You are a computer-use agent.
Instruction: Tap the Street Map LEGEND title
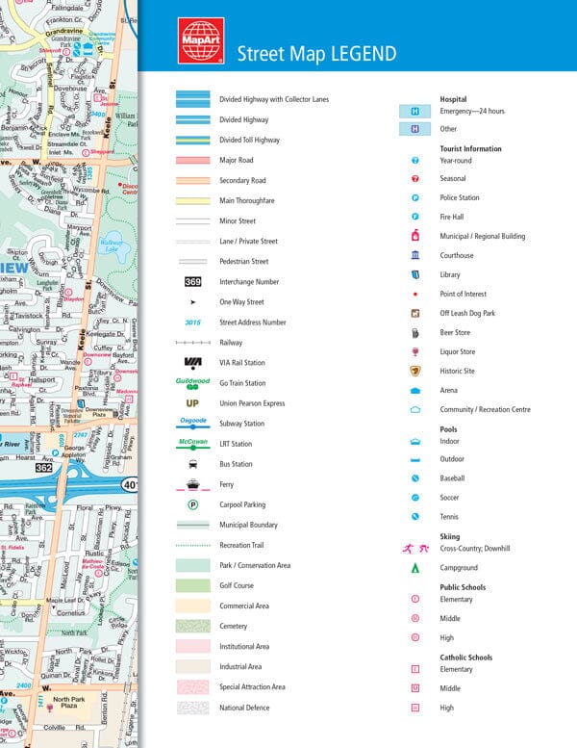pos(316,52)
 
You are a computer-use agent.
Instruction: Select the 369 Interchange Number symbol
pos(192,282)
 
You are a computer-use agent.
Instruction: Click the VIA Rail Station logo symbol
pos(192,362)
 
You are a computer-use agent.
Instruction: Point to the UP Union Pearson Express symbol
pos(192,403)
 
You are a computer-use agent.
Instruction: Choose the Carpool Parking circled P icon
pos(192,504)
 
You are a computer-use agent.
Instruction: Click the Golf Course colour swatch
pos(192,585)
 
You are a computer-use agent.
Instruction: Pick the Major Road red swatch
pos(192,160)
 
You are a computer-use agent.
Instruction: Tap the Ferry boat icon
pos(192,484)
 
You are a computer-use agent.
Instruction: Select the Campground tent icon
pos(415,568)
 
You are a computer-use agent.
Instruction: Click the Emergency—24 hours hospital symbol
pos(415,112)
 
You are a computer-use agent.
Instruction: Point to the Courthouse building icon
pos(415,255)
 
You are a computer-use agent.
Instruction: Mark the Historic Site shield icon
pos(415,371)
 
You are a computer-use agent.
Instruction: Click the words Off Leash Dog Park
pos(467,313)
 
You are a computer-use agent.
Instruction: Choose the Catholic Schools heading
pos(465,658)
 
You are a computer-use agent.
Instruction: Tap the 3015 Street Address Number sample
pos(192,322)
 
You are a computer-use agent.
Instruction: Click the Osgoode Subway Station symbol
pos(192,422)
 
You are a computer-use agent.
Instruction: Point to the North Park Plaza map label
pos(68,704)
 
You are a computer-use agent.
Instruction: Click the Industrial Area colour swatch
pos(192,666)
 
